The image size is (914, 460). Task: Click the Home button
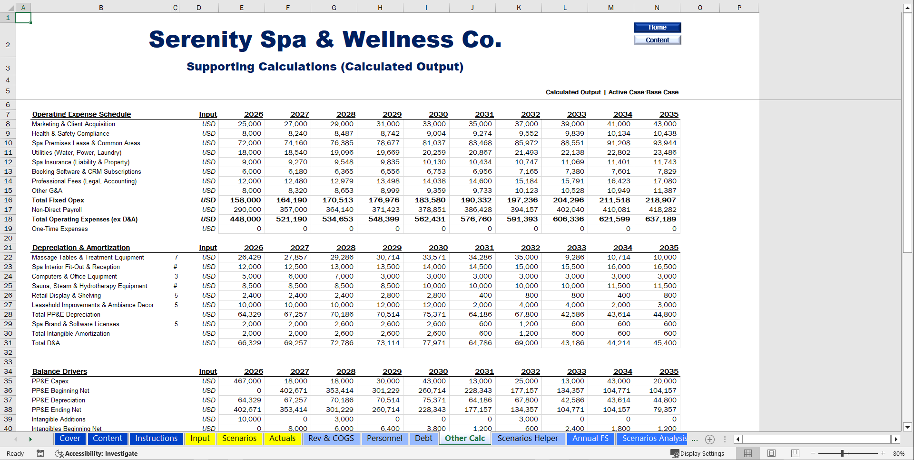click(657, 28)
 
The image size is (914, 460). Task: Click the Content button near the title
click(657, 40)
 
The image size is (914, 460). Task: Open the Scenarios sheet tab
click(239, 439)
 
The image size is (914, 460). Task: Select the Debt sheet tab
click(423, 439)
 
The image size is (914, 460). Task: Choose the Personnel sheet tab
click(384, 439)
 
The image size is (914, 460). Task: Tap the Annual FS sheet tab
click(590, 439)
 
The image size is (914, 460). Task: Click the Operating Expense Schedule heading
click(81, 114)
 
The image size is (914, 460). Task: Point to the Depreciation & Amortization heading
click(81, 248)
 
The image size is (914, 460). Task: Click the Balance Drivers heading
click(59, 371)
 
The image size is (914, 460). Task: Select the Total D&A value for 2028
click(342, 343)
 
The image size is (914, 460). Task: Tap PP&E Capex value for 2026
click(247, 381)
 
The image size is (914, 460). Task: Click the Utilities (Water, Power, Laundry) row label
click(77, 152)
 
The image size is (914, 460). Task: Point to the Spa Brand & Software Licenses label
click(75, 324)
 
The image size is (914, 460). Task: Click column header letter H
click(380, 8)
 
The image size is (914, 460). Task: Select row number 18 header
click(8, 219)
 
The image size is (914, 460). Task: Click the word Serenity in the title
click(200, 40)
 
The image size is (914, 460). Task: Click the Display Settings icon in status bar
click(675, 453)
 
